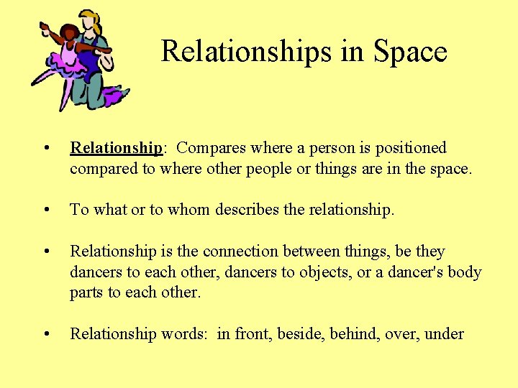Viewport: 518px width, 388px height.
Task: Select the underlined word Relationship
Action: (x=117, y=148)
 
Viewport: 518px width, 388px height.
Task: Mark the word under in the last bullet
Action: (x=445, y=334)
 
